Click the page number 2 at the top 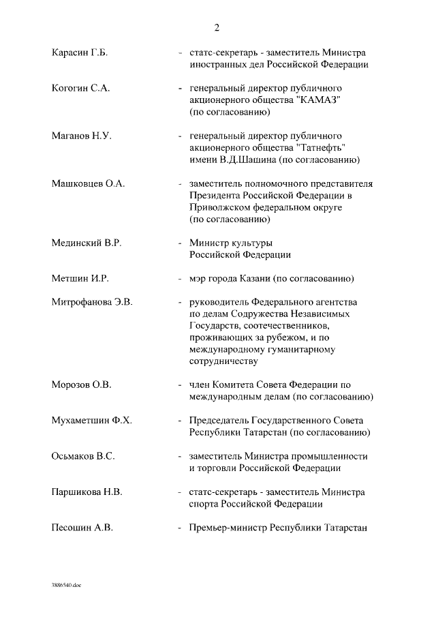click(x=217, y=28)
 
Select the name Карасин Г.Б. click(x=80, y=53)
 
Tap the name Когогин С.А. click(x=80, y=89)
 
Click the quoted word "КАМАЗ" click(x=317, y=100)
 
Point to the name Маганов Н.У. click(x=81, y=136)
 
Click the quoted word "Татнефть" click(x=321, y=148)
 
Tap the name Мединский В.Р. click(x=86, y=243)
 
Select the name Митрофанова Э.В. click(x=92, y=302)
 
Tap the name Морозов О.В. click(x=81, y=385)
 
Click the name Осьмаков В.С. click(x=84, y=456)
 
